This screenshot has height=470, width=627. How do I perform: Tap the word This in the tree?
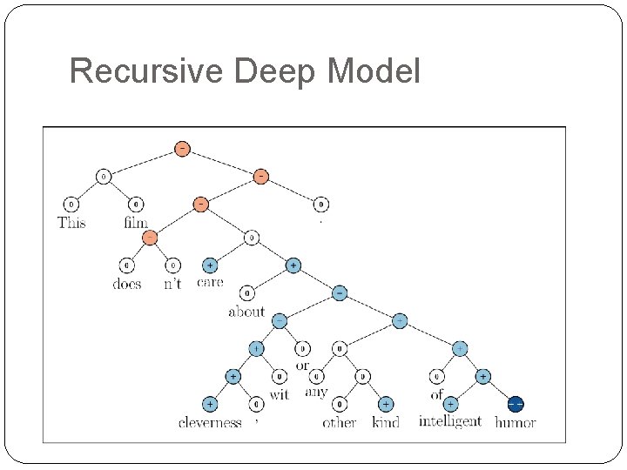[x=71, y=223]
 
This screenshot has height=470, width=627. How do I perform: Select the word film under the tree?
[x=136, y=223]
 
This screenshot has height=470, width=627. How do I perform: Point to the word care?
[x=210, y=282]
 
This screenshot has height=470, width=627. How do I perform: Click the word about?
[x=246, y=311]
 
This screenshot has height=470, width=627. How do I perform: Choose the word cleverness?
[x=210, y=423]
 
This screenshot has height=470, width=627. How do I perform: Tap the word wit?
[x=280, y=394]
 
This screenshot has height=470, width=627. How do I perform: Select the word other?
[x=340, y=423]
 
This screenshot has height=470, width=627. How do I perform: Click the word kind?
[x=386, y=423]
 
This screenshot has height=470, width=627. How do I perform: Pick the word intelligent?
[x=450, y=421]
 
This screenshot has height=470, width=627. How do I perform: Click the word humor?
[x=516, y=423]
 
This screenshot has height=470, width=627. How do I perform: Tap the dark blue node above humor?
[x=516, y=404]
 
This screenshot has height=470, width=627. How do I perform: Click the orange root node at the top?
[x=181, y=148]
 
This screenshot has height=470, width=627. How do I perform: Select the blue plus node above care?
[x=210, y=265]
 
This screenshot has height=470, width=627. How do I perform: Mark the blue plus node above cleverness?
[x=210, y=404]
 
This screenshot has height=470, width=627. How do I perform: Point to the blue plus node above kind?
[x=386, y=404]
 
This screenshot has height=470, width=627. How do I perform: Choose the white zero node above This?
[x=71, y=205]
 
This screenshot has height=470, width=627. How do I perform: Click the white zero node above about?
[x=247, y=293]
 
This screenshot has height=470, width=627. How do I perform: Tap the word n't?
[x=172, y=284]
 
